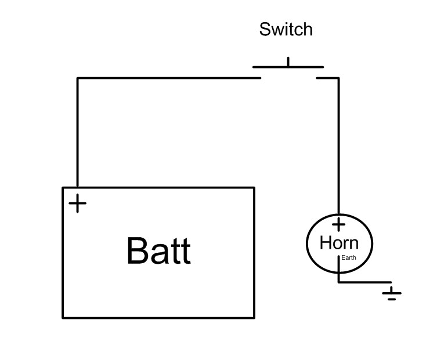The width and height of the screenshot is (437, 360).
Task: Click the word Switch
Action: tap(286, 30)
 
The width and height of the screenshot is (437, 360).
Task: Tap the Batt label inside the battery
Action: tap(158, 251)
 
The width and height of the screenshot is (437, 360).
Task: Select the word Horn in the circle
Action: tap(339, 242)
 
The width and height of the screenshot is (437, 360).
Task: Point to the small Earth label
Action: tap(349, 257)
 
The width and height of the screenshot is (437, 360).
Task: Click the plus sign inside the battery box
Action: tap(77, 203)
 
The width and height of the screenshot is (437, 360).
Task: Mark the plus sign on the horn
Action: tap(339, 224)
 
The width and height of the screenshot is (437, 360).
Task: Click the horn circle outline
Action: tap(307, 243)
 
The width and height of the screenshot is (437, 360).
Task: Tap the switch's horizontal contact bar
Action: tap(288, 67)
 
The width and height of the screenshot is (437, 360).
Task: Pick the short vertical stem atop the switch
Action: tap(288, 61)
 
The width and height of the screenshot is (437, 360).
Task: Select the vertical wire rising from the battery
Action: tap(77, 133)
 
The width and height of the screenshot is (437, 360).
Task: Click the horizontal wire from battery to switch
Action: tap(168, 78)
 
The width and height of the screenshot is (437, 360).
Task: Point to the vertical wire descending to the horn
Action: tap(339, 145)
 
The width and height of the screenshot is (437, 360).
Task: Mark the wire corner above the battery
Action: tap(78, 78)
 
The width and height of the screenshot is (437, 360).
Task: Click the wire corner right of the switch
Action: tap(339, 78)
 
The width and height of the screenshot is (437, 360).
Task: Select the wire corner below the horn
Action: tap(339, 282)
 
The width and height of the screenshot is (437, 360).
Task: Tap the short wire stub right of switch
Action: tap(327, 78)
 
